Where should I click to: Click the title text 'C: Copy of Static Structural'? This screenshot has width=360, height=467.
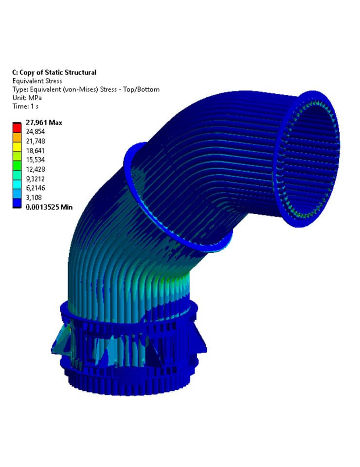[54, 72]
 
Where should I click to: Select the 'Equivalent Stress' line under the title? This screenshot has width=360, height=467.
[37, 81]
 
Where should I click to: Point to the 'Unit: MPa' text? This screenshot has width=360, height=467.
[28, 98]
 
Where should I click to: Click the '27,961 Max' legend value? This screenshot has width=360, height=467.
[43, 123]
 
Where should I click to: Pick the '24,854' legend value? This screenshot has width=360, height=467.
[36, 132]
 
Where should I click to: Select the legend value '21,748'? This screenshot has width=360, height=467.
[36, 141]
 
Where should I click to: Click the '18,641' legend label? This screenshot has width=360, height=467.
[36, 151]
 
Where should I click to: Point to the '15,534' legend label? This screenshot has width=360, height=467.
[36, 160]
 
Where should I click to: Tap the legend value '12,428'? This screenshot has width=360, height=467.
[36, 169]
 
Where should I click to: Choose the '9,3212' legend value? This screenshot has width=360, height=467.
[36, 179]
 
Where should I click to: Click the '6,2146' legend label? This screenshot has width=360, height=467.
[36, 188]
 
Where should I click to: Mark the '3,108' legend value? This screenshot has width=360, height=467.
[34, 198]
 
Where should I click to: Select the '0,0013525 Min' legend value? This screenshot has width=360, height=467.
[49, 207]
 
